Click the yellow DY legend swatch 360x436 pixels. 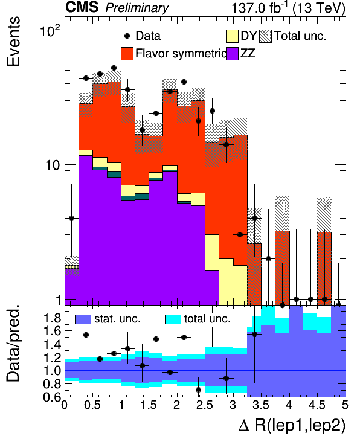tap(232, 36)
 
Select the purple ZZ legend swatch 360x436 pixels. tap(232, 54)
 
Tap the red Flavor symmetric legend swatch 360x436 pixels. tap(127, 54)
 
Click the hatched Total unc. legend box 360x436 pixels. tap(265, 36)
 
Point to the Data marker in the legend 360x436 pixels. tap(127, 36)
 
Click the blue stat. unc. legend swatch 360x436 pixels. tap(83, 319)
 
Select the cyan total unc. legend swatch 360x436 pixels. tap(173, 319)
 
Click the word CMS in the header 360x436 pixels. tap(82, 7)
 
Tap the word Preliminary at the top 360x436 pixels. tap(137, 8)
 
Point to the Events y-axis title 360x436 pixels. tap(13, 42)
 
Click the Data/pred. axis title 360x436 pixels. tap(13, 343)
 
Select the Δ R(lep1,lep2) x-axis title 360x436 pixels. tap(292, 426)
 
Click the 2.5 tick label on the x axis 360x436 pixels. tap(205, 405)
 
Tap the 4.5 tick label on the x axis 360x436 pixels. tap(318, 405)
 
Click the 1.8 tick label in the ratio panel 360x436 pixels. tap(53, 318)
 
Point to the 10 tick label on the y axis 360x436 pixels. tap(53, 165)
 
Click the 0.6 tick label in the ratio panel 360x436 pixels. tap(53, 397)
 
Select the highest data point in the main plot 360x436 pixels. tap(114, 68)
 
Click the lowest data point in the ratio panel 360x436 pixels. tap(198, 390)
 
